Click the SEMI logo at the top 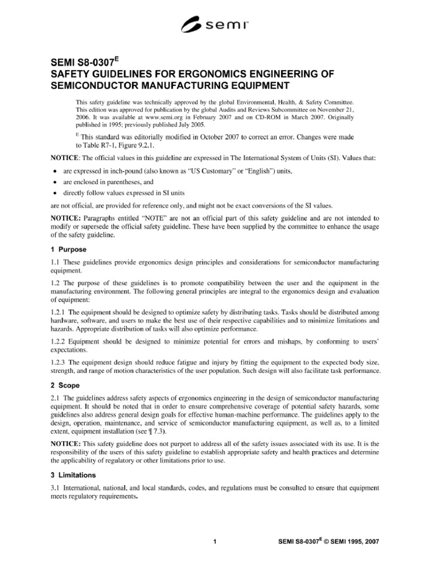214,24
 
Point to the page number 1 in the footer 214,541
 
